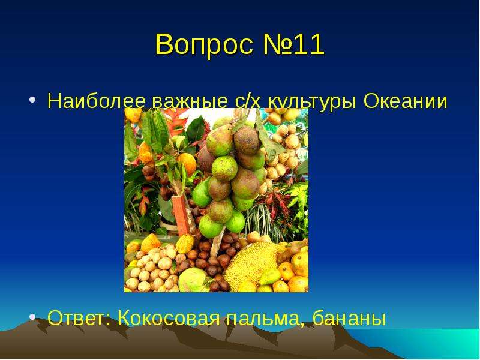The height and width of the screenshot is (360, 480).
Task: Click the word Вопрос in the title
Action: (205, 44)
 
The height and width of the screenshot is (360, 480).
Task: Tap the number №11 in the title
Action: (293, 44)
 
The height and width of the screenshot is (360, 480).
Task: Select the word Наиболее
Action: (97, 100)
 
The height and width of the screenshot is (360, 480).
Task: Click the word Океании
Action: (406, 100)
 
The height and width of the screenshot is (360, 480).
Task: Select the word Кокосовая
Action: (169, 318)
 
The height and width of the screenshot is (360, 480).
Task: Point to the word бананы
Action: (349, 319)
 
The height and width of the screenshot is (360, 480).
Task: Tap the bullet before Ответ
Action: (33, 317)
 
